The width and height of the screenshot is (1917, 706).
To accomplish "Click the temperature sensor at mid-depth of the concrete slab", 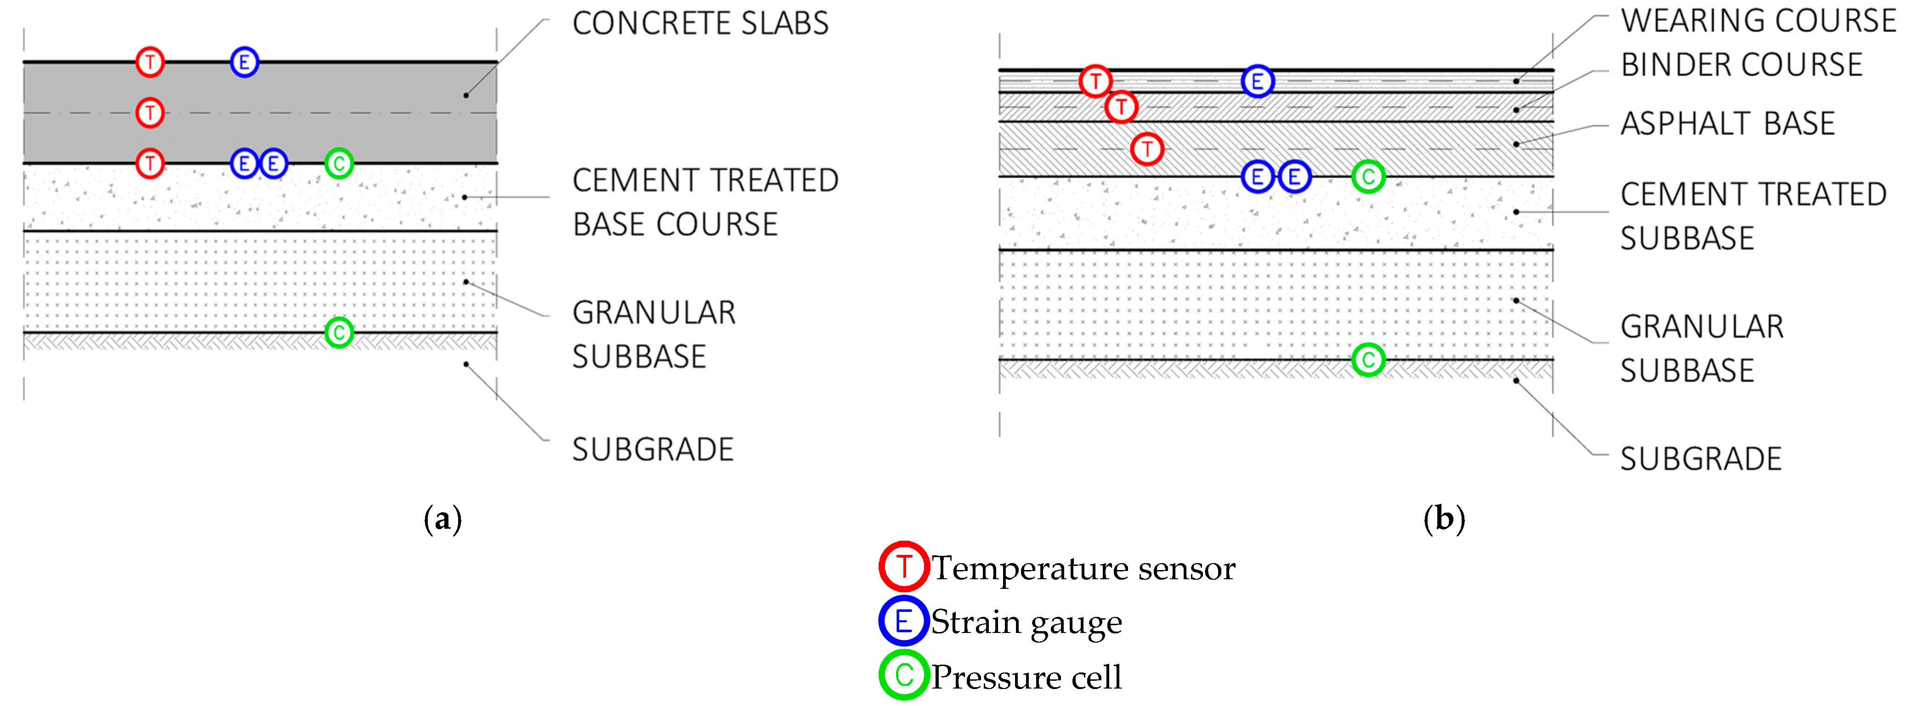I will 150,113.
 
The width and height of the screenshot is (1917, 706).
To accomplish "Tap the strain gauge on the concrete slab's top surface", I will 244,62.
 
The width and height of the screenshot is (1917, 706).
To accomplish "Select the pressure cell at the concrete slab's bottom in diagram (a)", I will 339,163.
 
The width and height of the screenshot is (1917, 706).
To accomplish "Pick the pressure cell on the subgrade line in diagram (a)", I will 339,332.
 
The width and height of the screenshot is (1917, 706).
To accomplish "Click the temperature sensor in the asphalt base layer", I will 1147,149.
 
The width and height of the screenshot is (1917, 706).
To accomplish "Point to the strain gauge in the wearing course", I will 1257,81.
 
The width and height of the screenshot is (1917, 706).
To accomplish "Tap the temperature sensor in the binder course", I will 1121,107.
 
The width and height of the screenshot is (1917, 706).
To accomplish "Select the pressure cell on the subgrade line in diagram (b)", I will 1368,360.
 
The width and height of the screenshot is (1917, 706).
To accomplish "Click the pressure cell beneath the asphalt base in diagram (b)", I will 1368,176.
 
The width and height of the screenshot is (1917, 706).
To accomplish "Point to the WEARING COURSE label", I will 1758,21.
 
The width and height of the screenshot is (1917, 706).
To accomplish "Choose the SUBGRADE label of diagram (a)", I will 652,449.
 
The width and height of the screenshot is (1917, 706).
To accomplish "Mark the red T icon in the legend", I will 903,567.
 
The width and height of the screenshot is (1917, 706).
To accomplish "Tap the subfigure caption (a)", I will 442,519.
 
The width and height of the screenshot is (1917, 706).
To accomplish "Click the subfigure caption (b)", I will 1444,519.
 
